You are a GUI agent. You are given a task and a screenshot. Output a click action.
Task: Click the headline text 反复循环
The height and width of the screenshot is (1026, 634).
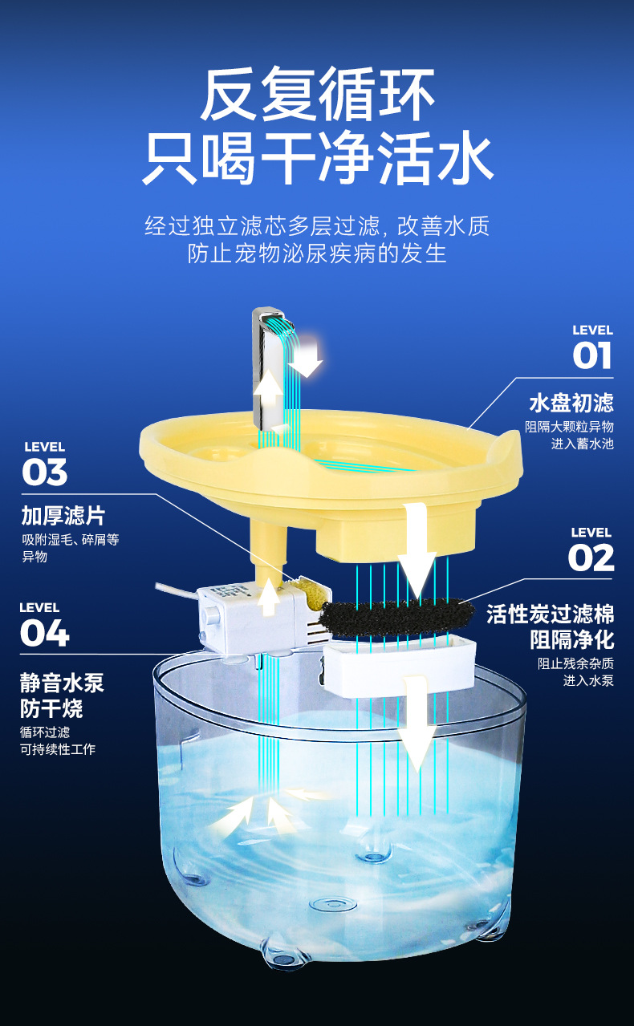pyautogui.click(x=317, y=95)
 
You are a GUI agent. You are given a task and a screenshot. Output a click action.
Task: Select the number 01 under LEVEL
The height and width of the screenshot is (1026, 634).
pyautogui.click(x=591, y=355)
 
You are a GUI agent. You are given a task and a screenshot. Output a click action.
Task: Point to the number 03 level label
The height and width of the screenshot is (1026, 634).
pyautogui.click(x=45, y=472)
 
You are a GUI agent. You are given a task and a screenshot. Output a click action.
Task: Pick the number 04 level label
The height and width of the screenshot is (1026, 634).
pyautogui.click(x=44, y=633)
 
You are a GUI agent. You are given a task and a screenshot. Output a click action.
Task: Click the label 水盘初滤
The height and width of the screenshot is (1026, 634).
pyautogui.click(x=571, y=402)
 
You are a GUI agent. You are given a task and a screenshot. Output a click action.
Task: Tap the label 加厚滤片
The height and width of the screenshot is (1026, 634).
pyautogui.click(x=63, y=515)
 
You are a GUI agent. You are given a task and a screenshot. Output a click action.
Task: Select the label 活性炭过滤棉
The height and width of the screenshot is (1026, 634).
pyautogui.click(x=551, y=614)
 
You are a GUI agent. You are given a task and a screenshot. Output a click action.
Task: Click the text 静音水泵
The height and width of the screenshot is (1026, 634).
pyautogui.click(x=62, y=683)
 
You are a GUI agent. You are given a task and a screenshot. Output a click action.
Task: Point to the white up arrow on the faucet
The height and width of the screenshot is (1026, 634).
pyautogui.click(x=269, y=393)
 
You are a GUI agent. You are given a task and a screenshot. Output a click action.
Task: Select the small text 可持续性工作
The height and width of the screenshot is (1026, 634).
pyautogui.click(x=58, y=749)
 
